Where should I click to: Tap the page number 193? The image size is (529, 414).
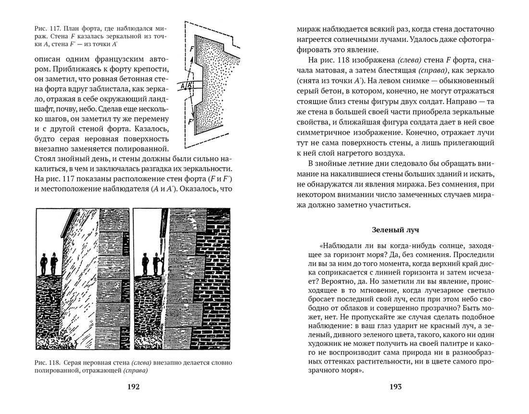(x=395, y=387)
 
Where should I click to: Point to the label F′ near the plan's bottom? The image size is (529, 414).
(x=191, y=122)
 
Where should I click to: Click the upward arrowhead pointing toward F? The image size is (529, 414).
(x=196, y=58)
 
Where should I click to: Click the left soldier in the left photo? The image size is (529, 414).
(x=44, y=263)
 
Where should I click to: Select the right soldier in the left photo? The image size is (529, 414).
(x=54, y=263)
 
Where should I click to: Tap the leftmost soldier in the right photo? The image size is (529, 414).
(x=145, y=263)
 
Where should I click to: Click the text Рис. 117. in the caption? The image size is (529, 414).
(x=47, y=27)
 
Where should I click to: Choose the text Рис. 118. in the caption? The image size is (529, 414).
(x=47, y=362)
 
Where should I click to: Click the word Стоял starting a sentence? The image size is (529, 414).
(x=46, y=158)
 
